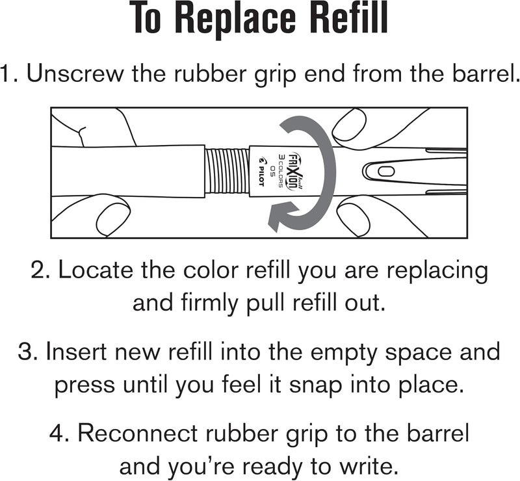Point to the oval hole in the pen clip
(x=386, y=172)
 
